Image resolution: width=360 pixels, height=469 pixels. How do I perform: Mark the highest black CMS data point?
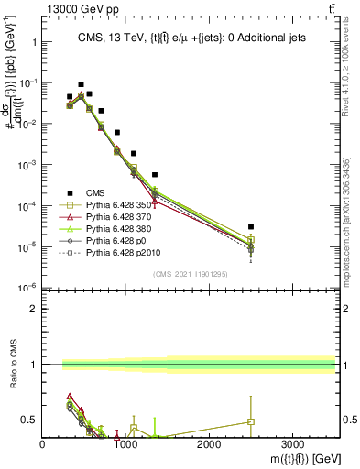point(81,84)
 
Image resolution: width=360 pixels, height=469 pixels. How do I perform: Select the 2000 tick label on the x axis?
point(209,443)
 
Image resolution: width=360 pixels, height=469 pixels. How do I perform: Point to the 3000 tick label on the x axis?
point(292,443)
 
